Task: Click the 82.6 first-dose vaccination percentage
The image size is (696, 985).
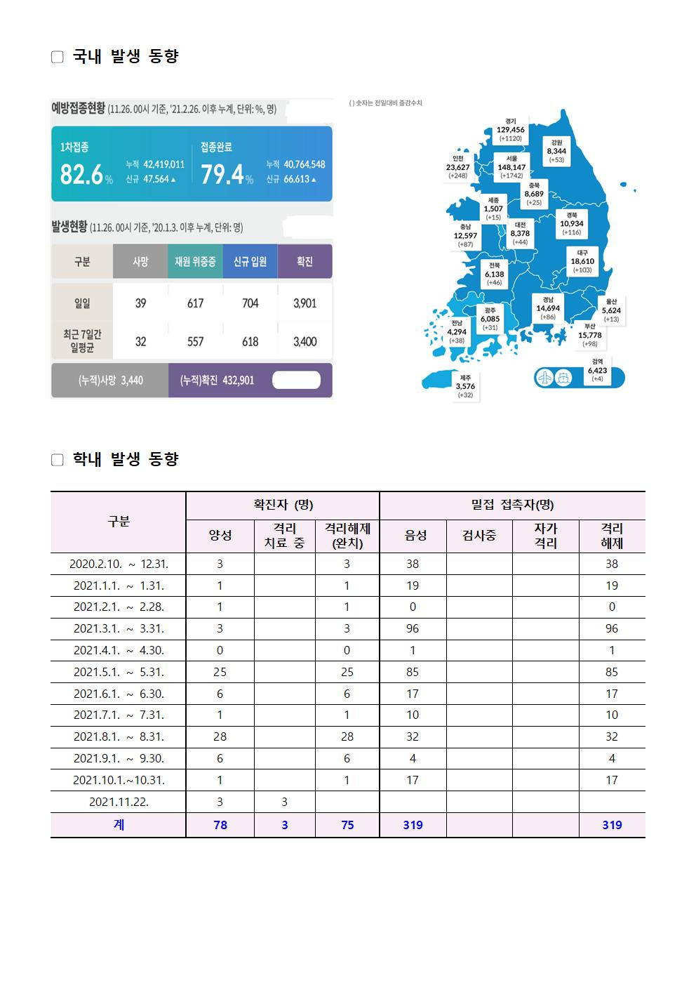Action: (81, 174)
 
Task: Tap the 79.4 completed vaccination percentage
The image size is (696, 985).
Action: (222, 174)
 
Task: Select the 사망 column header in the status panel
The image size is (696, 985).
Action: (140, 262)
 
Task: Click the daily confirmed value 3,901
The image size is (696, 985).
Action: (304, 303)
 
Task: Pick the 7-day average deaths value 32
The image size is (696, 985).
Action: (140, 342)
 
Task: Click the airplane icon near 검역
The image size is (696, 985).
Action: (545, 378)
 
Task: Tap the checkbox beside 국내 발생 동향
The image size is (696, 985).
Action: (58, 57)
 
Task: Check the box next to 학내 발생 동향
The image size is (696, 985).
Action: (58, 460)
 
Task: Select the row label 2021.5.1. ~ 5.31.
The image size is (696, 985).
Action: (119, 672)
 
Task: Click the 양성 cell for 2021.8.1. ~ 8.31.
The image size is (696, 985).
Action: (220, 736)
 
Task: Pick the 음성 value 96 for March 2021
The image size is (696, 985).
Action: (413, 628)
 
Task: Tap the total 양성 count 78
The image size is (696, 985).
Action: (220, 825)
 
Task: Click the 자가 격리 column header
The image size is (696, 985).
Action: (545, 536)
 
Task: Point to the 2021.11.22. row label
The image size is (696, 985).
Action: (119, 802)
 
